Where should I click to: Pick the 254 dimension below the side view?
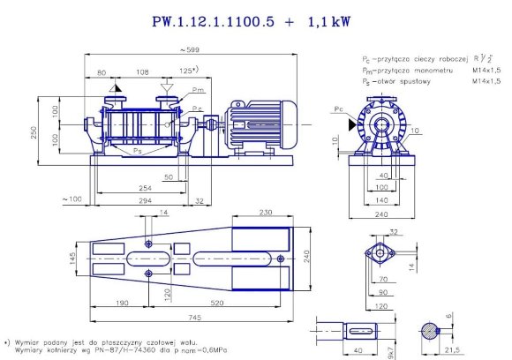(x=144, y=188)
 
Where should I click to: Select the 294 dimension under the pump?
(x=144, y=200)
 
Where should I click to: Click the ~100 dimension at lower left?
(x=72, y=200)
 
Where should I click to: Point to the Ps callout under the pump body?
(x=138, y=151)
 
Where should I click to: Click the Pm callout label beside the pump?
(x=200, y=89)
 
